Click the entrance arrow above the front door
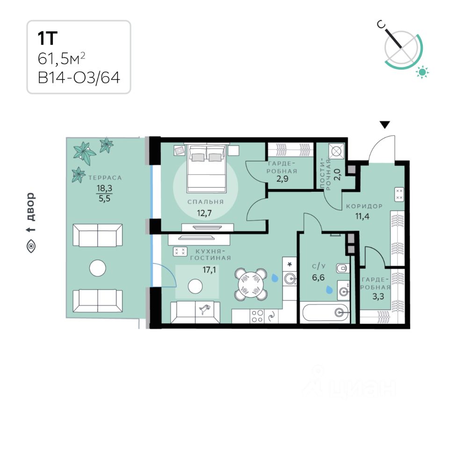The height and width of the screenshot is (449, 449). [x=384, y=125]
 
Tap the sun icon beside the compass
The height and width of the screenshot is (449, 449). [x=423, y=72]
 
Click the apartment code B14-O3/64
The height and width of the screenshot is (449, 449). [x=79, y=77]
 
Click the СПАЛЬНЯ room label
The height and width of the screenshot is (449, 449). [x=205, y=202]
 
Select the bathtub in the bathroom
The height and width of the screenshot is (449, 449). [x=325, y=312]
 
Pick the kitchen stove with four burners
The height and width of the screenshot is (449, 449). [x=257, y=317]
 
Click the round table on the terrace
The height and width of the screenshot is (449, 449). [x=99, y=268]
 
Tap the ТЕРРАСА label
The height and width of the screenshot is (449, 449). [x=105, y=178]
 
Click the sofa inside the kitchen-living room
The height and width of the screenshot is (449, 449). [x=195, y=312]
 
